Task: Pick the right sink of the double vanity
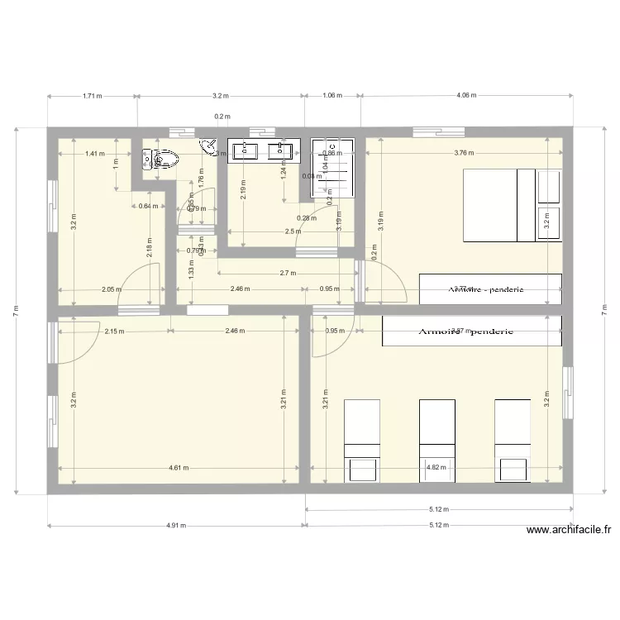(x=282, y=150)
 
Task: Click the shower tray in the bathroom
(x=333, y=168)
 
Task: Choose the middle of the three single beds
(x=437, y=440)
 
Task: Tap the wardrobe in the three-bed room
(x=471, y=331)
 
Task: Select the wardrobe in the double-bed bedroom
(x=490, y=289)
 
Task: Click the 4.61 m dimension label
(x=178, y=468)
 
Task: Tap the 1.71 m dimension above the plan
(x=92, y=96)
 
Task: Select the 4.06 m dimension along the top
(x=466, y=96)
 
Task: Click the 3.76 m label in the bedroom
(x=465, y=153)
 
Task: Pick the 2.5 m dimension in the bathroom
(x=293, y=232)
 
